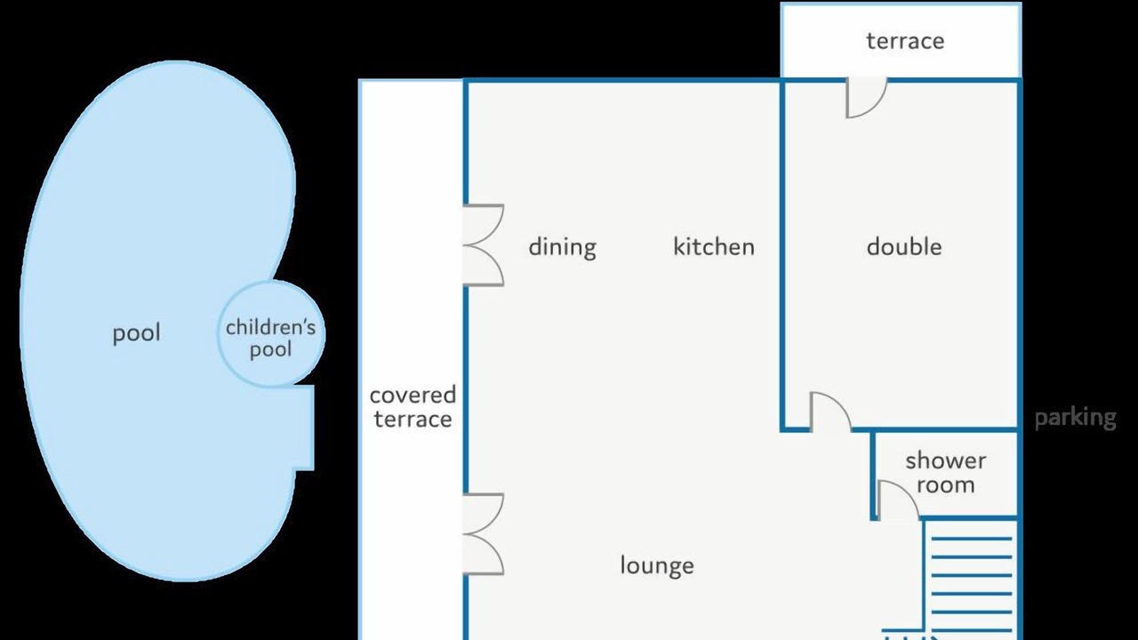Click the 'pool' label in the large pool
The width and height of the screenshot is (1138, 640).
coord(136,333)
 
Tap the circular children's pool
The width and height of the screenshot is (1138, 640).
coord(271,333)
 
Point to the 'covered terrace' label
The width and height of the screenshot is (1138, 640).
coord(413,407)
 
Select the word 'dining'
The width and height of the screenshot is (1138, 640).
coord(563,247)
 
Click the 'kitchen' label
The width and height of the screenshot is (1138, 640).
coord(714,247)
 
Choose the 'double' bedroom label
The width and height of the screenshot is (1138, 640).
coord(904,247)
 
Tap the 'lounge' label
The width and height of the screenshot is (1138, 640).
coord(657,566)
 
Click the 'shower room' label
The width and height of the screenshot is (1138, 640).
coord(945,473)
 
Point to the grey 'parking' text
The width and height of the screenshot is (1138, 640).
coord(1076,418)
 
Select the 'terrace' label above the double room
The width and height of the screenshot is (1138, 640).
coord(905,41)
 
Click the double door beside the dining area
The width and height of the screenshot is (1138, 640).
coord(483,245)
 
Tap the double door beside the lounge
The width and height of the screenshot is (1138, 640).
coord(483,534)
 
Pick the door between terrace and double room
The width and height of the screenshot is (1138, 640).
coord(866,97)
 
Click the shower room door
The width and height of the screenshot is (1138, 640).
coord(898,500)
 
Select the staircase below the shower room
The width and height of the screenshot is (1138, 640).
coord(970,580)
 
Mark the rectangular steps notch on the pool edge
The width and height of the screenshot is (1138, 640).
coord(304,428)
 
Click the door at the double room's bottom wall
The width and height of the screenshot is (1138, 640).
coord(830,412)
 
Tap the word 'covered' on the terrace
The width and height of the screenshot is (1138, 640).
coord(413,396)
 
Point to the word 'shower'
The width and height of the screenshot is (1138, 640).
coord(945,461)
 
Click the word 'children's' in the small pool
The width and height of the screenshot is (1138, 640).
coord(271,328)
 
